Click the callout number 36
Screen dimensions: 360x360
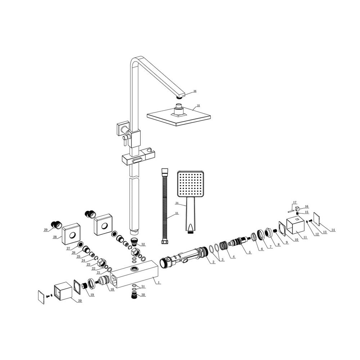click(195, 91)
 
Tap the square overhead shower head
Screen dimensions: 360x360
click(179, 116)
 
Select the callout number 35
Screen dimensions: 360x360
click(198, 105)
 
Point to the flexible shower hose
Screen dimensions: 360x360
click(165, 206)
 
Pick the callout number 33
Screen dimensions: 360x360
click(176, 213)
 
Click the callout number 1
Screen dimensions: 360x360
click(158, 282)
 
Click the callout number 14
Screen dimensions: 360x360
click(333, 230)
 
